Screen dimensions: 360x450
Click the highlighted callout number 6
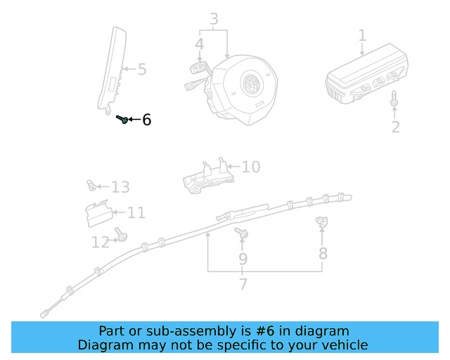(x=146, y=120)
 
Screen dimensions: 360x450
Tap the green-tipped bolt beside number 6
(x=122, y=120)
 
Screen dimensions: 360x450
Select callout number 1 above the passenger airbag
(x=362, y=35)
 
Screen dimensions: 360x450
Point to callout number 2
(x=395, y=127)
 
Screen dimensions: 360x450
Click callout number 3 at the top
(x=214, y=19)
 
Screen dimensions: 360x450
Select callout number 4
(x=200, y=45)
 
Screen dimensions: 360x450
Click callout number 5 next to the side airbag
(x=142, y=69)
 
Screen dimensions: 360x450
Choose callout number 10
(x=250, y=167)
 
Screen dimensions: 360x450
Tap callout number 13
(x=120, y=187)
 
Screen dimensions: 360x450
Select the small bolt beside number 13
(x=91, y=186)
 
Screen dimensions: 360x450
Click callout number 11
(x=136, y=212)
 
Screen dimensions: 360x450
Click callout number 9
(x=243, y=259)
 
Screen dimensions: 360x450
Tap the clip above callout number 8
(x=322, y=223)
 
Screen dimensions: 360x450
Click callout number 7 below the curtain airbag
(x=243, y=285)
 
